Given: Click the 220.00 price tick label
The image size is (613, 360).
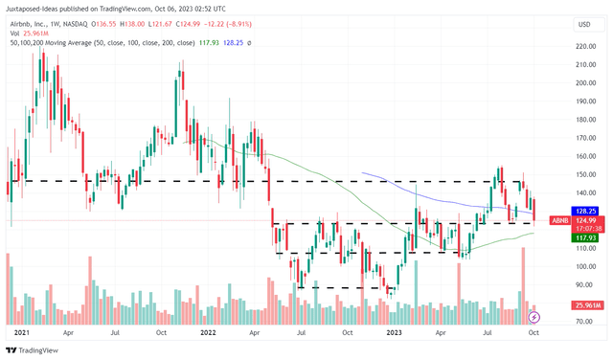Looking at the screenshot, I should coord(586,46).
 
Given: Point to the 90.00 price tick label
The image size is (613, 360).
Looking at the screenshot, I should coord(586,284).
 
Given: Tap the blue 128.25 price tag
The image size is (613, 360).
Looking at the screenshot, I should coord(586,210).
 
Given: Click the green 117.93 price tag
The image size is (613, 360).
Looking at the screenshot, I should coord(586,238).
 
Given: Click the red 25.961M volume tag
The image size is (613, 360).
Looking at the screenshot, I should coord(586,305).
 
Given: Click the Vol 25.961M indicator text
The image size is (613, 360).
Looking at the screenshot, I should coord(28,34).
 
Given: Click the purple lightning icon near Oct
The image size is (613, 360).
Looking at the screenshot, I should coord(534,316).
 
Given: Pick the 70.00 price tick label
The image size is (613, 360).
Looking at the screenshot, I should coord(586,322).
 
